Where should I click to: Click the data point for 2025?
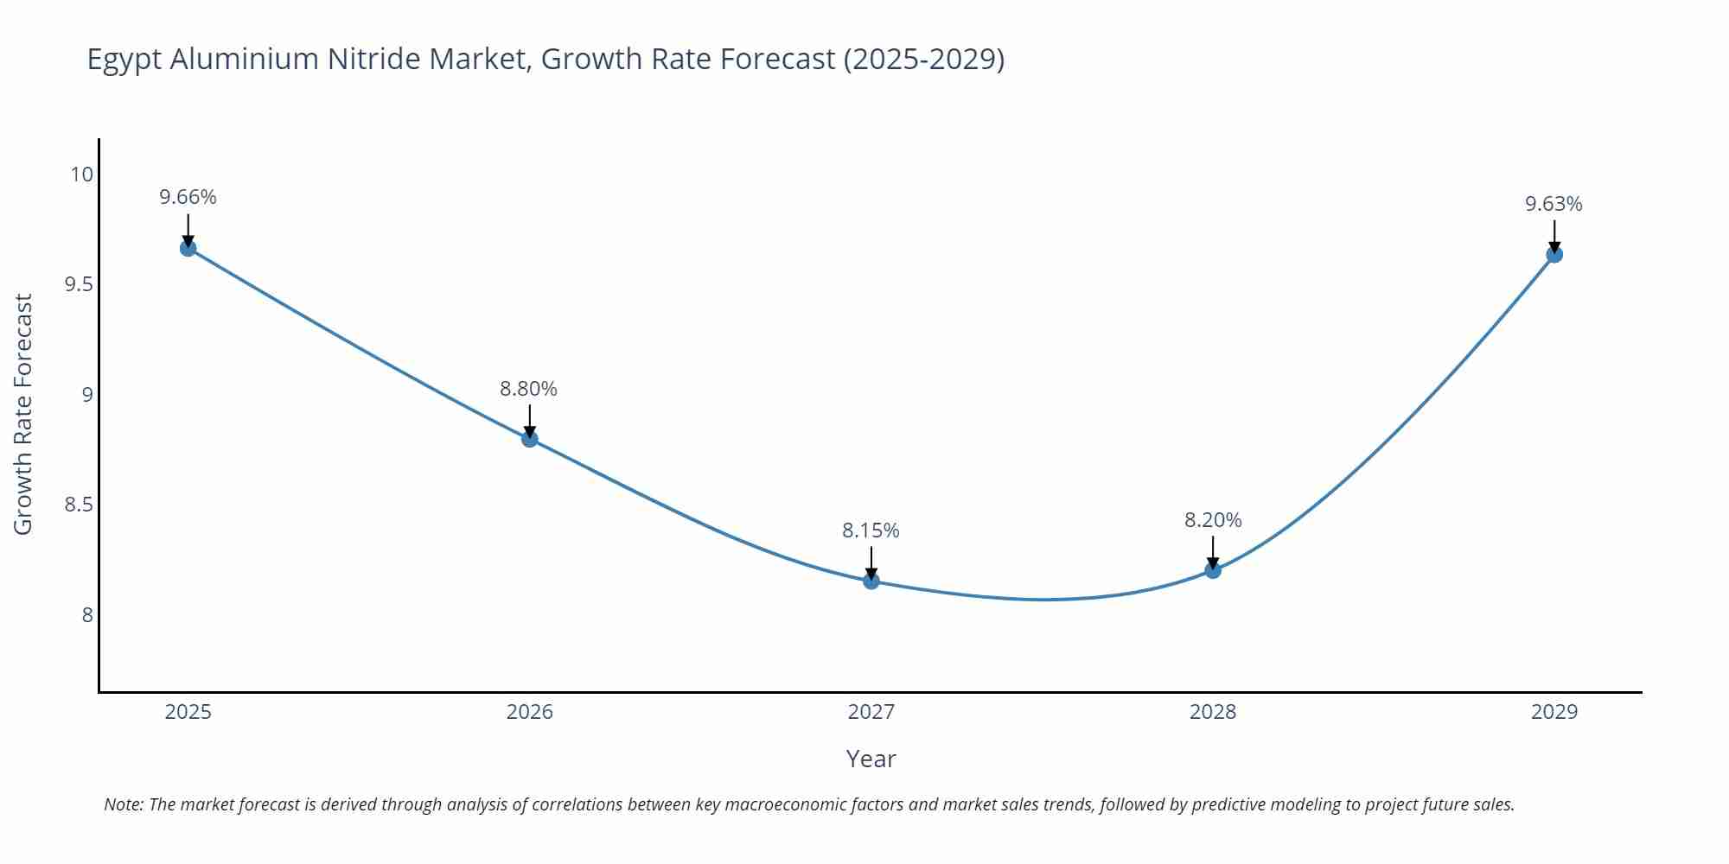pos(188,249)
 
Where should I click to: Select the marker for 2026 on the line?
pos(530,439)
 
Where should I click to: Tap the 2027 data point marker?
pos(871,581)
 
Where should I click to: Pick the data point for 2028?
pos(1213,570)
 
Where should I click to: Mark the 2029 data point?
pos(1554,255)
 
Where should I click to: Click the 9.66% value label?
pos(188,197)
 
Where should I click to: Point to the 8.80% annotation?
pos(529,389)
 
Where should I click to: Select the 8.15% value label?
pos(871,530)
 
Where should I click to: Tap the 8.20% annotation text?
pos(1213,520)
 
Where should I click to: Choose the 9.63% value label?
pos(1554,204)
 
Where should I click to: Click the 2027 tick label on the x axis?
pos(871,712)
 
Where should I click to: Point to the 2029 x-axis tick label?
pos(1554,712)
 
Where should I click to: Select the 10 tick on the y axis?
pos(81,175)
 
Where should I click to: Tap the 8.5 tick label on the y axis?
pos(79,505)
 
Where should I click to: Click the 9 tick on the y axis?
pos(87,395)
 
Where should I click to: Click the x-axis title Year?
pos(871,759)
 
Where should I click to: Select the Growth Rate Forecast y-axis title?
pos(23,414)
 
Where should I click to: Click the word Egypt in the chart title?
pos(124,60)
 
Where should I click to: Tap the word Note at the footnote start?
pos(124,804)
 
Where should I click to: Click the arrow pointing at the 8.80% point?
pos(530,422)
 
